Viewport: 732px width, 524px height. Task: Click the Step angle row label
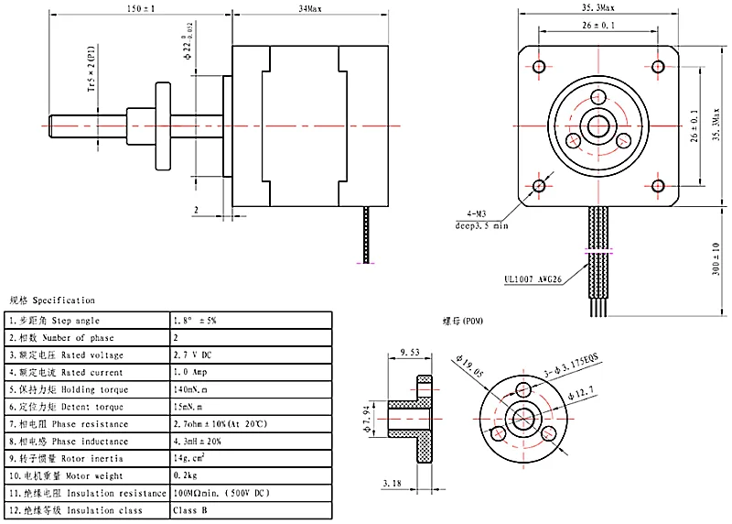[x=55, y=322]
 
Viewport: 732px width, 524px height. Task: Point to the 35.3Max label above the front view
[x=600, y=7]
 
